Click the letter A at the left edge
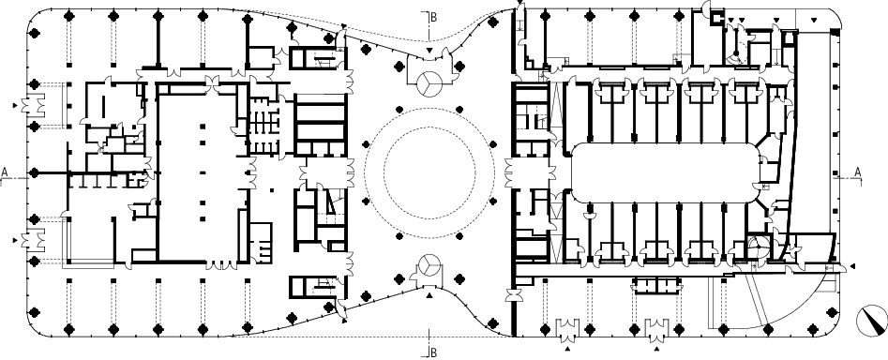click(5, 172)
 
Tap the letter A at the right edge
click(857, 172)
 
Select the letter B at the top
click(434, 17)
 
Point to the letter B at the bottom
click(434, 352)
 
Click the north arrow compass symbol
click(871, 322)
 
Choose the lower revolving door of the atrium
click(429, 266)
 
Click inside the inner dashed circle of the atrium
click(429, 172)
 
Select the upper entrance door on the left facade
click(33, 105)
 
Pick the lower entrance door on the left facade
click(33, 240)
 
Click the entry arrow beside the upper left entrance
click(15, 105)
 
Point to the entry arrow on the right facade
click(851, 266)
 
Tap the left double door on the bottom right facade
click(567, 327)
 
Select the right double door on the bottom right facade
click(657, 327)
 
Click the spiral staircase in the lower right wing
click(756, 247)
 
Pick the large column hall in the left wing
click(201, 172)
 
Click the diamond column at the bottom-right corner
click(832, 312)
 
